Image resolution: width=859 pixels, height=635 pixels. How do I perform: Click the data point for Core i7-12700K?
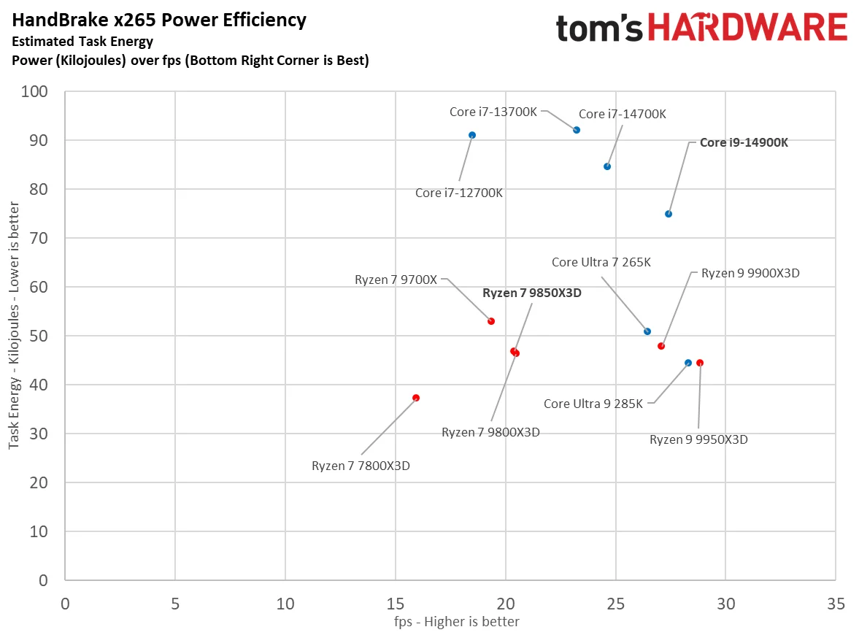click(x=472, y=135)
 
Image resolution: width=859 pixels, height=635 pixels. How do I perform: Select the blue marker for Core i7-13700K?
click(x=577, y=130)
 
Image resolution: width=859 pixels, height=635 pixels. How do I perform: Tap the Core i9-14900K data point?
click(x=669, y=214)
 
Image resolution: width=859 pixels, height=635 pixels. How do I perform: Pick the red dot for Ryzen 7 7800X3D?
click(x=416, y=398)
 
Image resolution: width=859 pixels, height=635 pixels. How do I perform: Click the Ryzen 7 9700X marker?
click(x=491, y=321)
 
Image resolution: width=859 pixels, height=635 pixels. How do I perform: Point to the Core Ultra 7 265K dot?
click(x=647, y=331)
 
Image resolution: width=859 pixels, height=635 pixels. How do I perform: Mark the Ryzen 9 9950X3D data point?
click(x=700, y=363)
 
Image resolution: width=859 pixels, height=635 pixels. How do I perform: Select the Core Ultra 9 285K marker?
click(x=688, y=363)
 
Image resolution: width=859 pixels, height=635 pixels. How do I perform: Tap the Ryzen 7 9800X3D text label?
click(x=490, y=432)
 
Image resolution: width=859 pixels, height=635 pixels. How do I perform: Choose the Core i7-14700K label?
click(x=623, y=114)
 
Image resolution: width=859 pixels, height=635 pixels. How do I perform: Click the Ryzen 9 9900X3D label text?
click(x=750, y=273)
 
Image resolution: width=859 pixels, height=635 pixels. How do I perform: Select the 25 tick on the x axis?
click(x=615, y=604)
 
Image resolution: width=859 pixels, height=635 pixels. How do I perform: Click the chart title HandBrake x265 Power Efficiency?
click(x=158, y=20)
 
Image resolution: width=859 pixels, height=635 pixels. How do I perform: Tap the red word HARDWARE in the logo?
click(x=747, y=28)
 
